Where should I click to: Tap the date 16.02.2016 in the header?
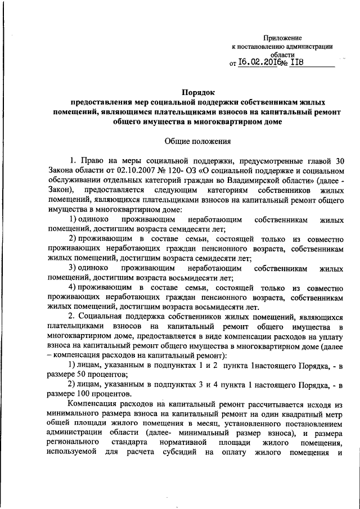tap(259, 64)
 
